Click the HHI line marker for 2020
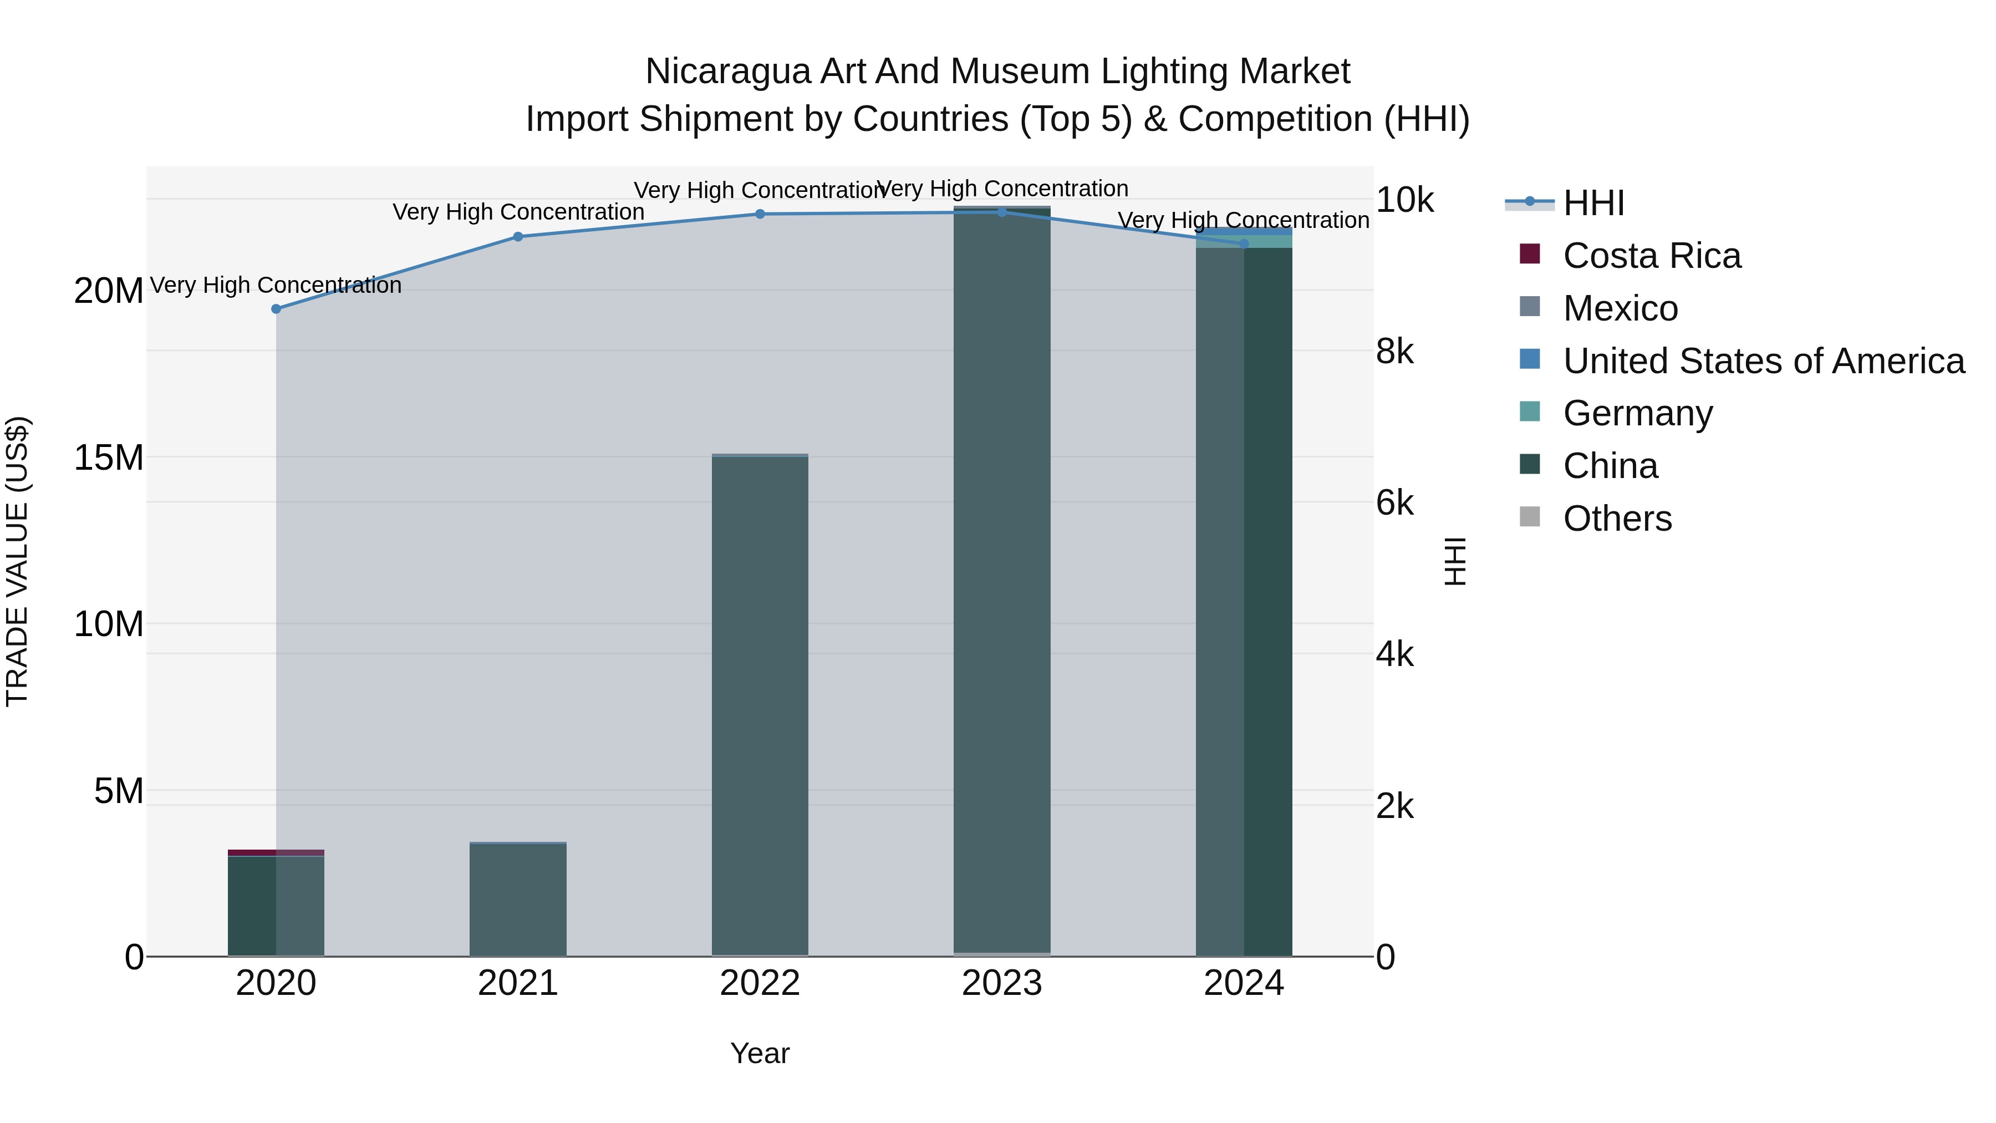[276, 308]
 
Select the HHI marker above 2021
[518, 236]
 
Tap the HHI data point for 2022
[760, 214]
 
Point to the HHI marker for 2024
[1244, 243]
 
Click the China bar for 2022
[760, 705]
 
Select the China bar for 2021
[518, 899]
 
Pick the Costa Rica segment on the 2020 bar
[276, 852]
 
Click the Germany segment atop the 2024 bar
[1244, 242]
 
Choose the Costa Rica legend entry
[1651, 256]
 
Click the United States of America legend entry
[1763, 361]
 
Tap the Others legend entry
[1617, 519]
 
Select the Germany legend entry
[1637, 413]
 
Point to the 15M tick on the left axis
[109, 458]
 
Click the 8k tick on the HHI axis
[1395, 352]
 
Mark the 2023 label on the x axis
[1002, 983]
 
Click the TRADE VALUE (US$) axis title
[17, 561]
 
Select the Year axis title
[760, 1053]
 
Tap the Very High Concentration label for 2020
[276, 285]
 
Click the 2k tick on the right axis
[1395, 806]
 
